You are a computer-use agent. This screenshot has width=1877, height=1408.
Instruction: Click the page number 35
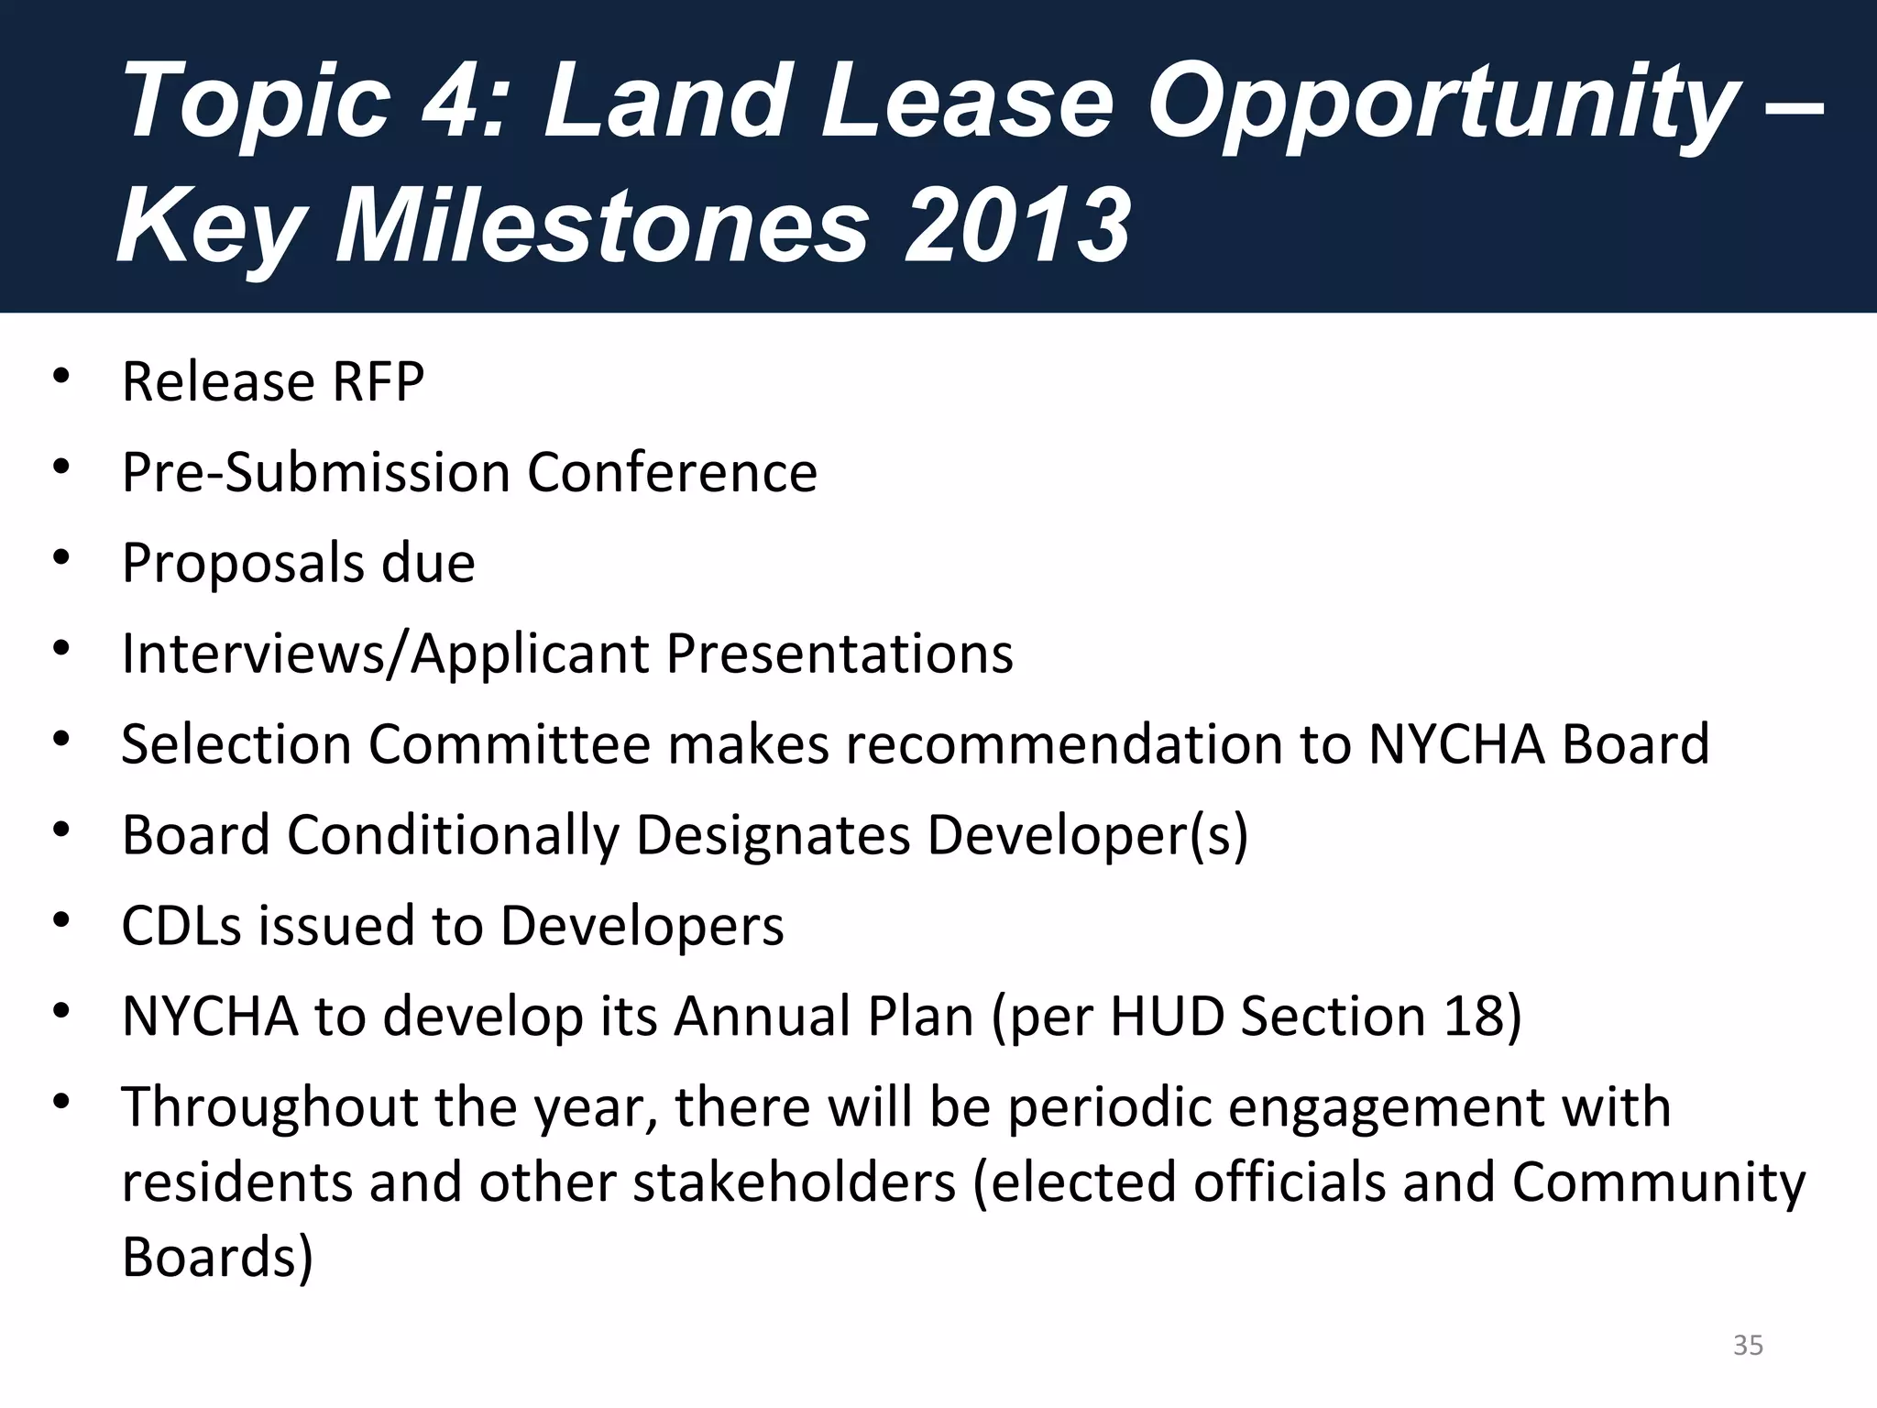1748,1346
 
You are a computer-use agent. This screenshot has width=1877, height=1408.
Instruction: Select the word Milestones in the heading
601,225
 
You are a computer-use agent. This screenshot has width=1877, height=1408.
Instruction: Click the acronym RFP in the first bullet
378,382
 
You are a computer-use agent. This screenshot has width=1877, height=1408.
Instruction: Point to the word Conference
671,473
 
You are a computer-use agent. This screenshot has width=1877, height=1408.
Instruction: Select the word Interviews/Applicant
384,654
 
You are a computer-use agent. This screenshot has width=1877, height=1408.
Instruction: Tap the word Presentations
840,654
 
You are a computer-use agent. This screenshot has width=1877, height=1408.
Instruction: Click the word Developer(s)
1087,835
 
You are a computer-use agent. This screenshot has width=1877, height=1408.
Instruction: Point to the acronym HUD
1167,1016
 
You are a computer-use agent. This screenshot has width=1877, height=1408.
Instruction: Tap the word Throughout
269,1106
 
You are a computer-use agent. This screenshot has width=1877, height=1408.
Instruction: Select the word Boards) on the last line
217,1257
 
